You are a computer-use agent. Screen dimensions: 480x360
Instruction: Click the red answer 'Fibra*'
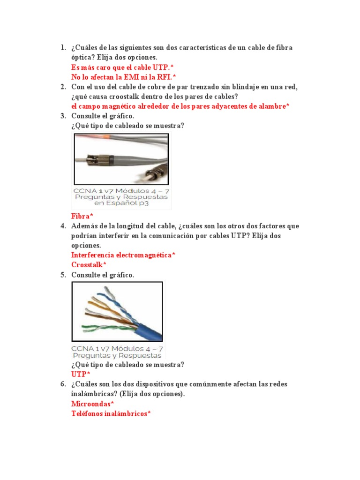pyautogui.click(x=82, y=216)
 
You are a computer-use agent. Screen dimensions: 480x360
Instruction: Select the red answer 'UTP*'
pyautogui.click(x=81, y=374)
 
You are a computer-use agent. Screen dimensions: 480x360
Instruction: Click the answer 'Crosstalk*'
pyautogui.click(x=89, y=265)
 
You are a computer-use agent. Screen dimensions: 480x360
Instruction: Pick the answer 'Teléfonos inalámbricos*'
pyautogui.click(x=111, y=413)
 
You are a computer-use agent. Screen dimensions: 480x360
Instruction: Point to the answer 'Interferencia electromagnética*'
pyautogui.click(x=123, y=255)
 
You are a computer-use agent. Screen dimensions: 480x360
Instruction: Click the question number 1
pyautogui.click(x=63, y=48)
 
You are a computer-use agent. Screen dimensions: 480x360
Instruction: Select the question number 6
pyautogui.click(x=63, y=384)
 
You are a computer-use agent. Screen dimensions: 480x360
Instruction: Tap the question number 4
pyautogui.click(x=63, y=226)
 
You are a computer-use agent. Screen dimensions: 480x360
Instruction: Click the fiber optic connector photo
pyautogui.click(x=121, y=158)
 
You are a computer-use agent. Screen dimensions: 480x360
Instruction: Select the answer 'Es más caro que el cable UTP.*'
pyautogui.click(x=122, y=67)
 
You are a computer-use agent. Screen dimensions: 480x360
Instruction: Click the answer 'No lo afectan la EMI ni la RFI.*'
pyautogui.click(x=123, y=77)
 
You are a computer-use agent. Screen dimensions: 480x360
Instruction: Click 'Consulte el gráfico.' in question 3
pyautogui.click(x=103, y=116)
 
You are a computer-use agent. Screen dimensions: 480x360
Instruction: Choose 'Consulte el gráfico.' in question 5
pyautogui.click(x=103, y=275)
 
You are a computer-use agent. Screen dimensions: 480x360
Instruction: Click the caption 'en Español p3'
pyautogui.click(x=121, y=203)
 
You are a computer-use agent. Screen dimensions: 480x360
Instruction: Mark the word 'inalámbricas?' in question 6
pyautogui.click(x=92, y=394)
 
